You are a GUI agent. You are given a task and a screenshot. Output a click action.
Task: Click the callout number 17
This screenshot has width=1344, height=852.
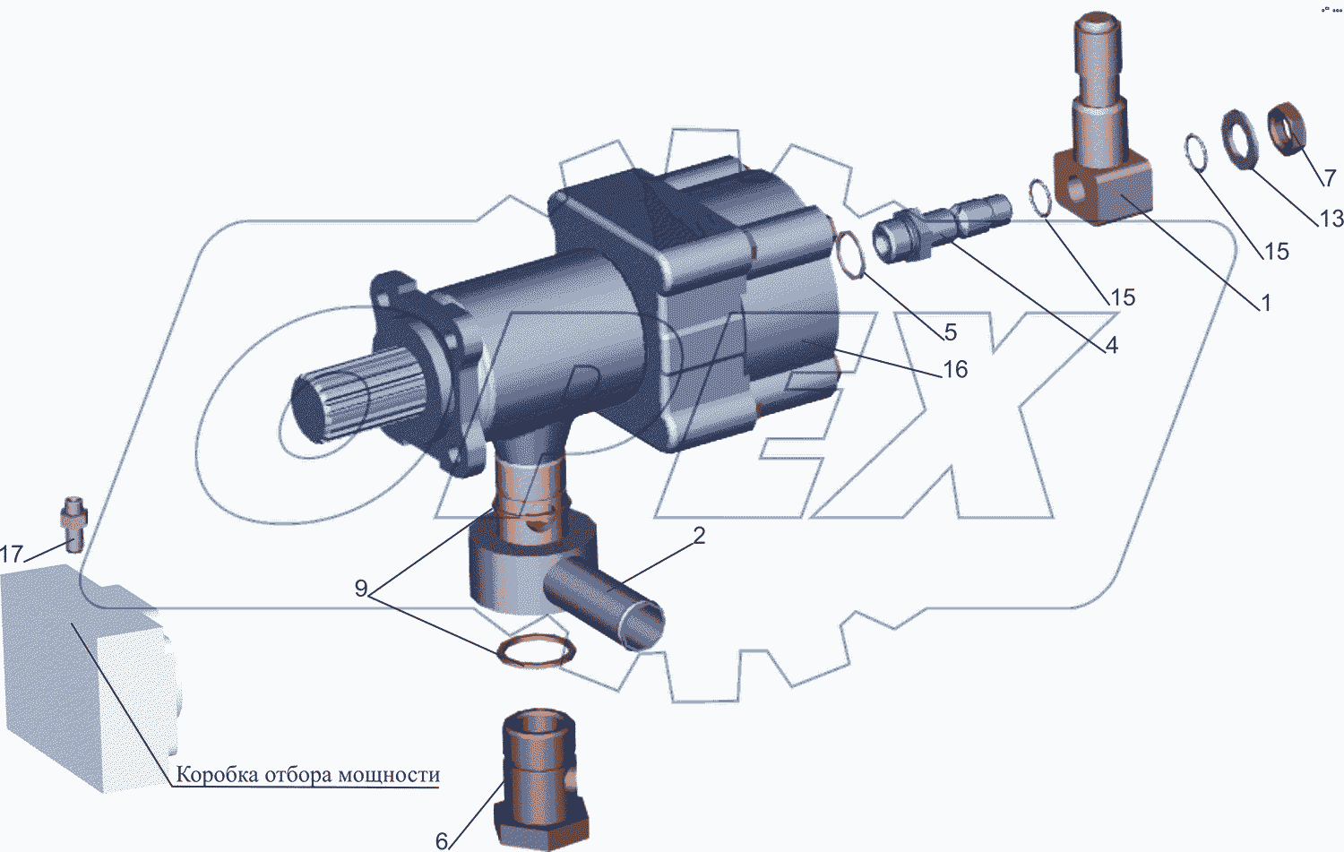(x=12, y=554)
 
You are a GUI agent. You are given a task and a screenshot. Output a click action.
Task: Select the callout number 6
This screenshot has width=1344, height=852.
(x=442, y=841)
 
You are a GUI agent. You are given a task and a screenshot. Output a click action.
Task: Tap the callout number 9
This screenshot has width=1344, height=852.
(x=360, y=588)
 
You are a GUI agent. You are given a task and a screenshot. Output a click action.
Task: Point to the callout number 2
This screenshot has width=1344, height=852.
(x=699, y=535)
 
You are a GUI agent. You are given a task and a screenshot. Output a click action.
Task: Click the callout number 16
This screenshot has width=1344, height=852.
(x=955, y=370)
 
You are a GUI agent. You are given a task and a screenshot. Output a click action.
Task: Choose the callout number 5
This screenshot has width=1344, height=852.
(x=951, y=331)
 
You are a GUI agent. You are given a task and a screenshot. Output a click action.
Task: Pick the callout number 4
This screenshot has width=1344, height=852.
(x=1111, y=345)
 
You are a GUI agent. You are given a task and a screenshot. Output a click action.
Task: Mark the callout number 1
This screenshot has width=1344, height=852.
(x=1266, y=303)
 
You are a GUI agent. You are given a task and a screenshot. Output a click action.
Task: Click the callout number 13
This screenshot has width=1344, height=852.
(x=1331, y=219)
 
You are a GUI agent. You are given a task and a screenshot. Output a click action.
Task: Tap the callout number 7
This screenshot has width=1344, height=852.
(x=1330, y=177)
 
